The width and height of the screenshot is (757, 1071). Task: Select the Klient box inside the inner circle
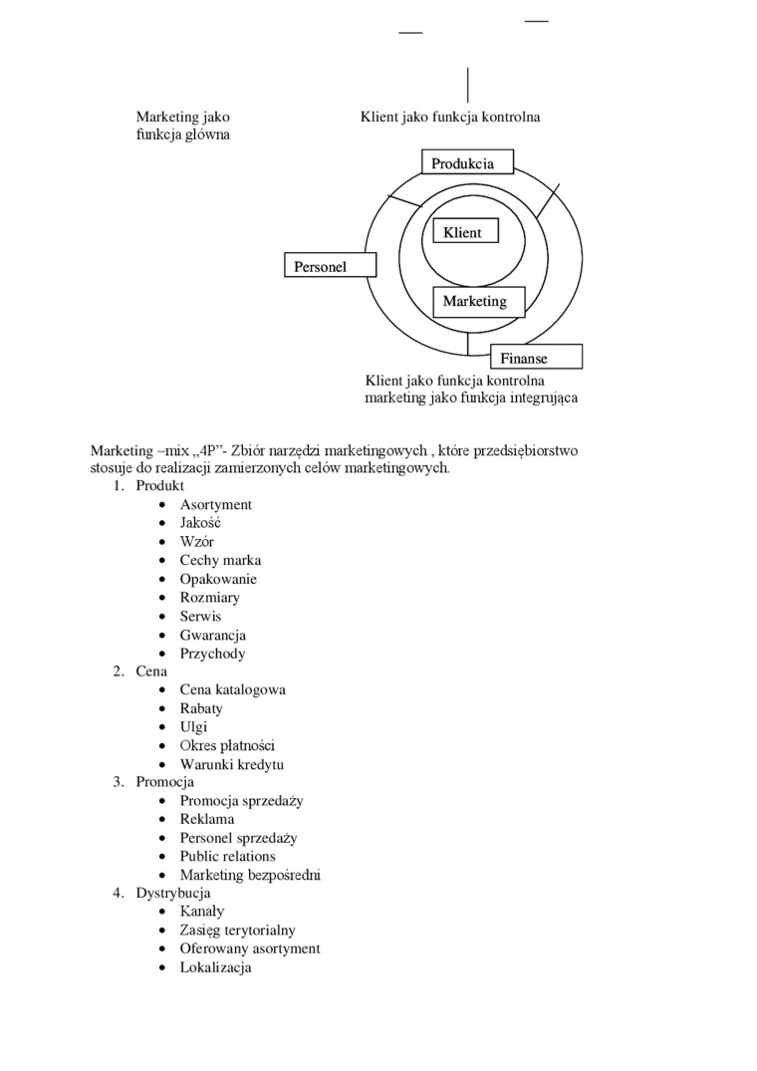pos(462,232)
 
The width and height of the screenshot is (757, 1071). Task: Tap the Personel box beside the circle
pos(330,265)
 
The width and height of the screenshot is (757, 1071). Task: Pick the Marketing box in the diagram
pos(474,301)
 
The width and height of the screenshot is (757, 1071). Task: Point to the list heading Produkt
pos(160,486)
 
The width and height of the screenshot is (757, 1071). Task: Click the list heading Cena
pos(151,671)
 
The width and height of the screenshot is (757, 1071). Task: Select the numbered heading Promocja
pos(165,782)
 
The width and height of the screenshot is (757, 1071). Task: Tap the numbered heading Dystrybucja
pos(173,893)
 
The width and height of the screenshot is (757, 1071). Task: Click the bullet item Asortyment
pos(216,504)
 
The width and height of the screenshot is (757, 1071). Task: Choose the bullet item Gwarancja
pos(213,635)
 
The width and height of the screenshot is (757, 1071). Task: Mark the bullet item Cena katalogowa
pos(233,689)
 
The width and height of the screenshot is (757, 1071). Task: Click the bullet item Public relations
pos(228,856)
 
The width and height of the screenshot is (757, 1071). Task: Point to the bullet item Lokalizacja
pos(216,966)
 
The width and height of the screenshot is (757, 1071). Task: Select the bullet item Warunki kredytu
pos(232,764)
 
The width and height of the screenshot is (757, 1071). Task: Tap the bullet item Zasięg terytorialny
pos(238,930)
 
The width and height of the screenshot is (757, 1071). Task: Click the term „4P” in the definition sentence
pos(204,450)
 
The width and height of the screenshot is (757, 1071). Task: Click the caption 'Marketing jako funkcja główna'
pos(183,126)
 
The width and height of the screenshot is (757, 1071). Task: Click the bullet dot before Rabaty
pos(161,708)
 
